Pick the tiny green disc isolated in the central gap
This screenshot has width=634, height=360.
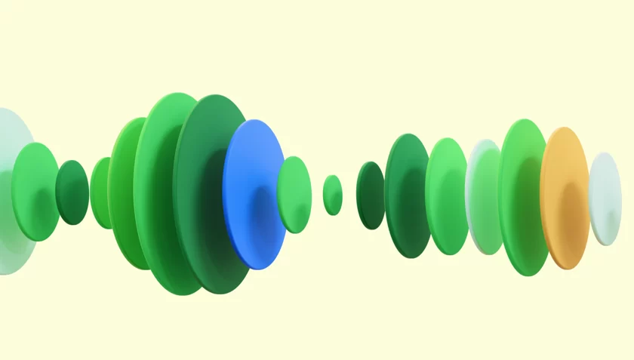pos(332,195)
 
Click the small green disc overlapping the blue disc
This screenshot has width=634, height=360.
pos(296,194)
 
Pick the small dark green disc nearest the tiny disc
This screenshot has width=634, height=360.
pos(369,195)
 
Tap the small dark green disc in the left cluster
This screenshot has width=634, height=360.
pos(72,192)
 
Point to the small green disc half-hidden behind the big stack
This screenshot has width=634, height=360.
pos(100,192)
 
